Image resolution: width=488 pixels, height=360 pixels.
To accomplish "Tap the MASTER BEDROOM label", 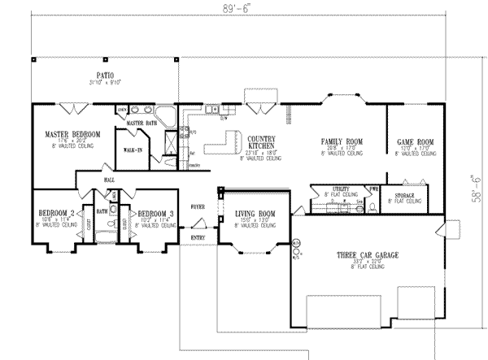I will coord(73,133).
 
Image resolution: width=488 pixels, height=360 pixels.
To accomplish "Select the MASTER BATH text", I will coord(140,123).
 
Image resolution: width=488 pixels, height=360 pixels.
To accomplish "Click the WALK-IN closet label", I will coord(133,150).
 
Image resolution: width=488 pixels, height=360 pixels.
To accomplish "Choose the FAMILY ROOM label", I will coord(341,141).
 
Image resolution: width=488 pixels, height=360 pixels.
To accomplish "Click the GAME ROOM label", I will coord(415,141).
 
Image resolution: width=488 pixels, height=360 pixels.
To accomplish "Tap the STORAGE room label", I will coord(405,196).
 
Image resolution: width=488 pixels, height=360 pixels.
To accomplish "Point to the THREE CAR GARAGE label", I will coord(370,254).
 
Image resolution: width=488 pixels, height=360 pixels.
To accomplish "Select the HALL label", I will coord(108,180).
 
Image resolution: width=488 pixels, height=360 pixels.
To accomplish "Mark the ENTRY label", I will coord(198,237).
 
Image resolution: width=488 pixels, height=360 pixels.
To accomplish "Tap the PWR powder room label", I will coord(373,189).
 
